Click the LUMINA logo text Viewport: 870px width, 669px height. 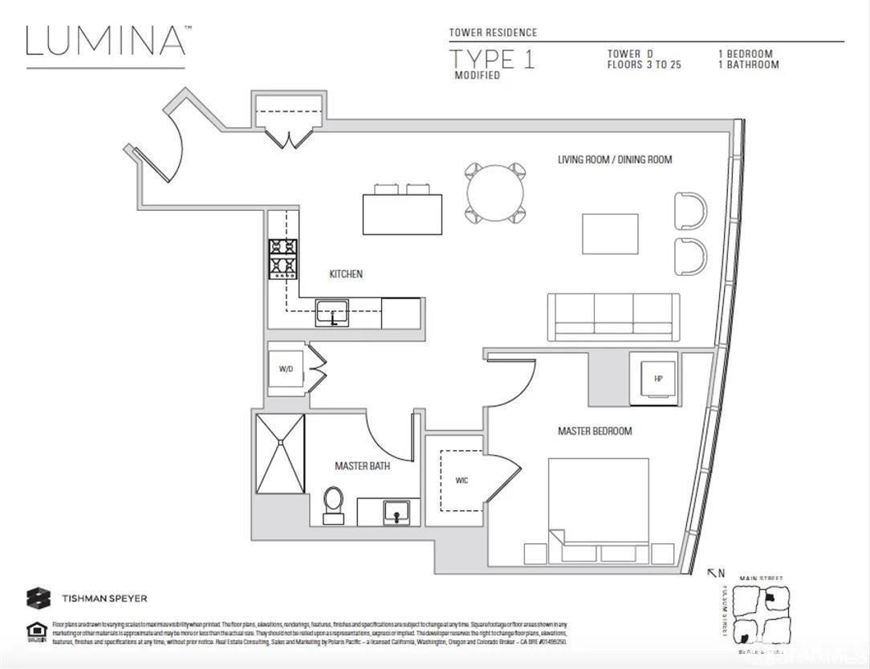click(106, 41)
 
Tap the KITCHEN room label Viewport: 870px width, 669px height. click(346, 274)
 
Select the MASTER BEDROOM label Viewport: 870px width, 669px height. click(595, 432)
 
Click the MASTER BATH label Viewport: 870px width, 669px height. click(362, 466)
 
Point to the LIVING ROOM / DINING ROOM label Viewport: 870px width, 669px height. click(615, 160)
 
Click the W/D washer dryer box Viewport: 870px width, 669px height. click(286, 370)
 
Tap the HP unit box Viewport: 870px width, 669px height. click(657, 379)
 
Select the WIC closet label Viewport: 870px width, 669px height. click(461, 480)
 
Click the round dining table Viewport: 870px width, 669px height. click(495, 193)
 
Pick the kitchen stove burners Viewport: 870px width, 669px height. click(283, 258)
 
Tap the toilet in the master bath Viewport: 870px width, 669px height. click(333, 504)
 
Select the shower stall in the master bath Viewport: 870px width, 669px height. click(280, 453)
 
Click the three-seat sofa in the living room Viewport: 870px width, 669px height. click(614, 317)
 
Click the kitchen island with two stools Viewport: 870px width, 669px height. click(402, 213)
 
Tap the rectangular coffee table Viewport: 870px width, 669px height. click(610, 233)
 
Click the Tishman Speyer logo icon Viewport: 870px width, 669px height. click(39, 598)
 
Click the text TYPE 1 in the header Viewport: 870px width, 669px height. click(491, 59)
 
